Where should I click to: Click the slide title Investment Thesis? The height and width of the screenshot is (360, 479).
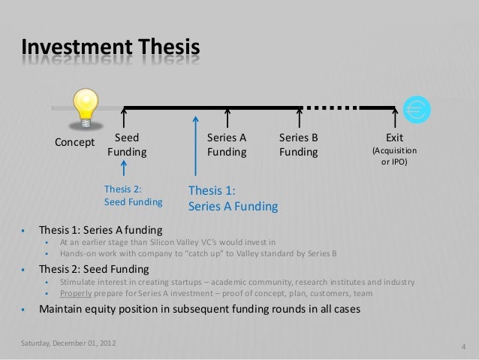(x=111, y=50)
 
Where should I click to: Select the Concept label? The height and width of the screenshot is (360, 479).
(x=74, y=142)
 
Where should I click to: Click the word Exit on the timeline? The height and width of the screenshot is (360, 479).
(x=395, y=138)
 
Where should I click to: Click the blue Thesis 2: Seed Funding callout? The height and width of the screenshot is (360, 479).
(x=134, y=195)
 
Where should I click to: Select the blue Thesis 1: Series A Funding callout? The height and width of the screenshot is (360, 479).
(x=233, y=198)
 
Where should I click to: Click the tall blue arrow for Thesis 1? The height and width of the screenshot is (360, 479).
(x=195, y=147)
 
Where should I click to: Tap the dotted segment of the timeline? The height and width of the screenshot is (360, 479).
(x=330, y=107)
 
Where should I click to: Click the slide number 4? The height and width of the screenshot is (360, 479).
(x=463, y=346)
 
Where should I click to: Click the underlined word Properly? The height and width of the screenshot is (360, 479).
(x=78, y=293)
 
